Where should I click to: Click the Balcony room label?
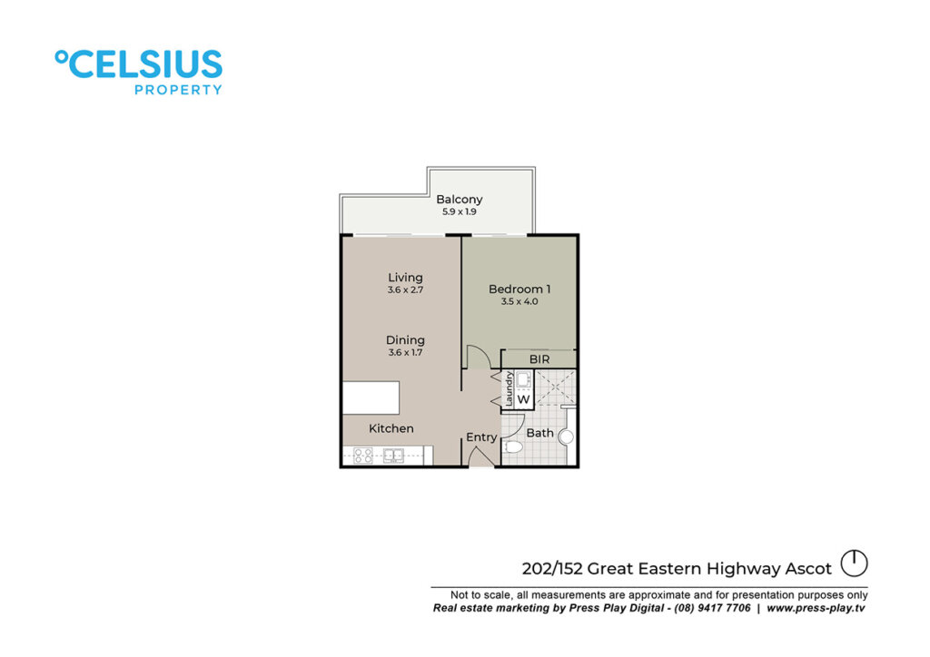pos(459,200)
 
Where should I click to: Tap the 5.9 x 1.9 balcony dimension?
pos(459,212)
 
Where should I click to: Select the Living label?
pos(405,278)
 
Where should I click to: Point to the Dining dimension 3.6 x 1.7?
pos(405,352)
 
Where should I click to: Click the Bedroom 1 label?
pos(519,289)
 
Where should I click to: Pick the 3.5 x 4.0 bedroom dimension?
pos(519,301)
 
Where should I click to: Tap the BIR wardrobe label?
pos(539,359)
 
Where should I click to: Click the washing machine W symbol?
pos(523,399)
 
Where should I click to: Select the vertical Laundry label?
pos(509,388)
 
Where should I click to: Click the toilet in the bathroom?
pos(513,446)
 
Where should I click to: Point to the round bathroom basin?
pos(567,437)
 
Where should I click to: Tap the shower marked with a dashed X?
pos(555,387)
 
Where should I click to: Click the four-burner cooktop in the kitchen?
pos(363,456)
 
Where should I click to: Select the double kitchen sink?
pos(393,456)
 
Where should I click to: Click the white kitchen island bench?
pos(371,397)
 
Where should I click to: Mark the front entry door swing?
pos(480,456)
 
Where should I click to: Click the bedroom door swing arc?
pos(478,357)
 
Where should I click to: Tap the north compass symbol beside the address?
pos(854,564)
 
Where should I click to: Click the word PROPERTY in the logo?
pos(178,90)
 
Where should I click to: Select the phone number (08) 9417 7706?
pos(712,608)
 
